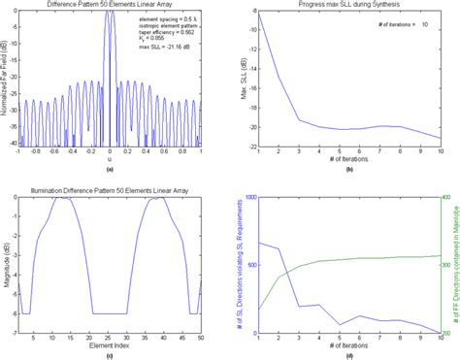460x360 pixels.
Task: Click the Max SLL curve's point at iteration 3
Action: pos(299,120)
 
